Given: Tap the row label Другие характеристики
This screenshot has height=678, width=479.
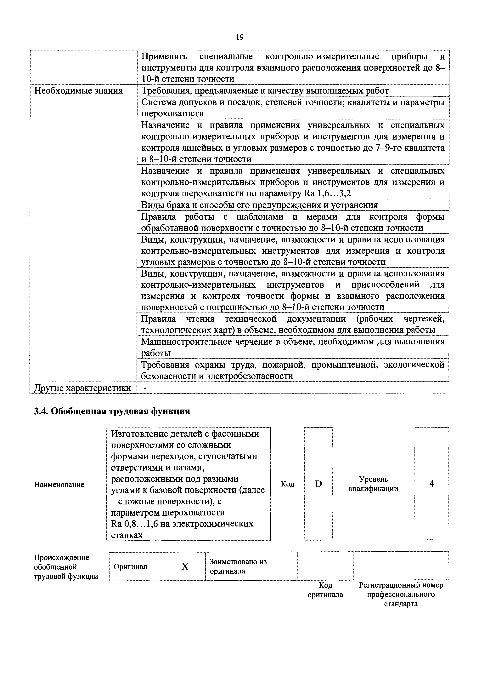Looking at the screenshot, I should [x=83, y=388].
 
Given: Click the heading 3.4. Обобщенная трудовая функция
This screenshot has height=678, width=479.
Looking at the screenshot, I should [x=112, y=411].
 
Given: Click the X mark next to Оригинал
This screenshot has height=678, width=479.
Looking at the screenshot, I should [x=185, y=566].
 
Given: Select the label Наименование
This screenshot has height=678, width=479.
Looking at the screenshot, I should [x=59, y=484].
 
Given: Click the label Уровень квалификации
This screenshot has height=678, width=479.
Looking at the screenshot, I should [x=373, y=484].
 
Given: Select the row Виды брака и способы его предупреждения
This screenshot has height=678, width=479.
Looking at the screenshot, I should [x=259, y=205].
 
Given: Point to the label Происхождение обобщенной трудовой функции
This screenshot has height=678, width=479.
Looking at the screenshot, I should [x=66, y=567].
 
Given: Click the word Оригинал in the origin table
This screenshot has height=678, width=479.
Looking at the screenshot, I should [x=130, y=567].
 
